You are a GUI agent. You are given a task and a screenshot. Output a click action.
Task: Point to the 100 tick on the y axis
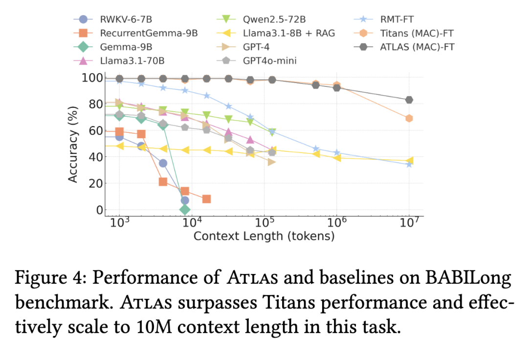coord(92,78)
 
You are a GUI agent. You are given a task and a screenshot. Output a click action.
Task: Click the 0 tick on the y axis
coord(99,210)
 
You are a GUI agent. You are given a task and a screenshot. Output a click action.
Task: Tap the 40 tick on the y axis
coord(96,157)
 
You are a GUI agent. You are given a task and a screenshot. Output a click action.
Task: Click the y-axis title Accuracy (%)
coord(73,145)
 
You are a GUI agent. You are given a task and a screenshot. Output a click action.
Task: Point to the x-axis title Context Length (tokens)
coord(264,236)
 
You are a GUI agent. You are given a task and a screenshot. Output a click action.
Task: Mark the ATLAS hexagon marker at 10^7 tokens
coord(409,100)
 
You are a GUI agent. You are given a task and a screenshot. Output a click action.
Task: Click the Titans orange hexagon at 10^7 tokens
coord(409,118)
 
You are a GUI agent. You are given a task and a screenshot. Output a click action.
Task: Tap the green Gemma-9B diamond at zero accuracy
coord(185,210)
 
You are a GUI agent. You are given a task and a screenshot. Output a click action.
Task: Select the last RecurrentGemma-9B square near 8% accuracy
coord(206,199)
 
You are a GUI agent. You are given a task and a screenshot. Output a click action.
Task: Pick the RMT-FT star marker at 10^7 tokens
coord(409,164)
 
